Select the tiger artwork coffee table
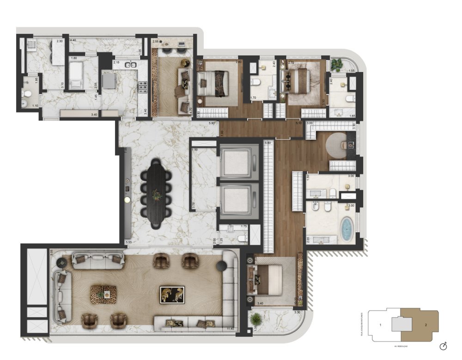(172, 294)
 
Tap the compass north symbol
(443, 346)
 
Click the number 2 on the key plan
(425, 325)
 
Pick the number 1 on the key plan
(380, 325)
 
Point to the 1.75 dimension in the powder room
(243, 227)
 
